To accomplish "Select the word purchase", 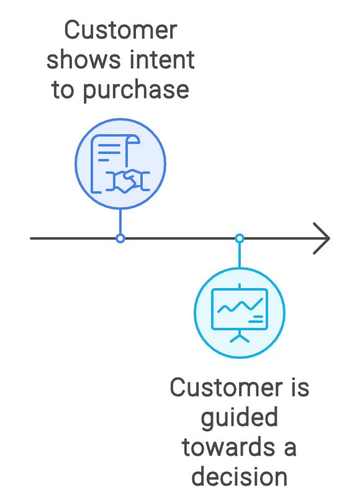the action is point(136,90).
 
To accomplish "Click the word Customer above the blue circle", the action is point(121,30).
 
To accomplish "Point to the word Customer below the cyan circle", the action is point(227,387).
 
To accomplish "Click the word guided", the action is point(239,418).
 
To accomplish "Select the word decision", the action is point(239,477).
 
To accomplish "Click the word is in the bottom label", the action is point(300,387).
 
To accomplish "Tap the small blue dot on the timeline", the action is point(120,238).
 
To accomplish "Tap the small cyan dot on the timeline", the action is point(240,238).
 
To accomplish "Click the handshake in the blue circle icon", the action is point(128,181).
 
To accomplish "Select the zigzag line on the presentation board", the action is point(240,305).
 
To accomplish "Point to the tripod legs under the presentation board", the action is point(240,337).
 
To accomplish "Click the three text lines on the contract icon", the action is point(109,153).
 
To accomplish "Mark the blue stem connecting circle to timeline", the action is point(120,221).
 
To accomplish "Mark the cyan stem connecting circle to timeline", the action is point(240,255).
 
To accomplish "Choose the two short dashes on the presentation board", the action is point(256,319).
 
